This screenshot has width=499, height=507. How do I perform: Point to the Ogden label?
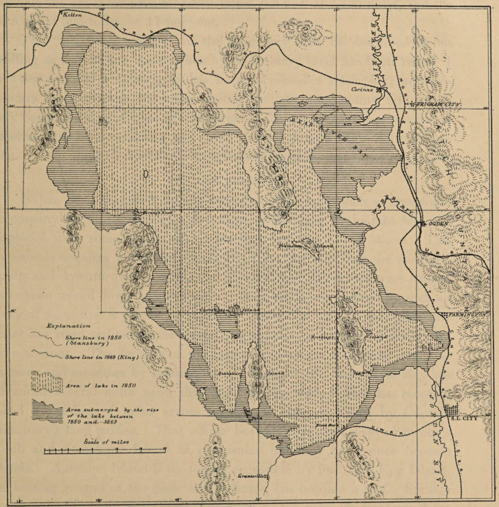coord(437,224)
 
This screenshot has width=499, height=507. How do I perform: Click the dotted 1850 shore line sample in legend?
coord(47,336)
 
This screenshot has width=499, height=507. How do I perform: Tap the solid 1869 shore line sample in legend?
coord(47,356)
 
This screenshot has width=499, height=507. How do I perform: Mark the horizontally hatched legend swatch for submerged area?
coord(47,411)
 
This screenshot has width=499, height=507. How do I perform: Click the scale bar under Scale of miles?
coord(105,451)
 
